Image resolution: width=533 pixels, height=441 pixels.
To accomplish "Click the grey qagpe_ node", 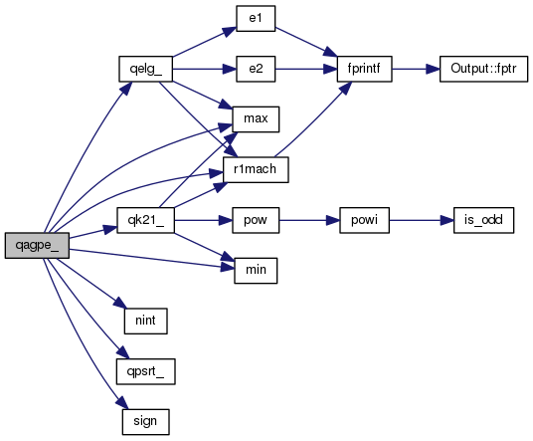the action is [x=37, y=245].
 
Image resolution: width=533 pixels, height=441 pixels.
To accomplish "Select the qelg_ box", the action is [x=145, y=69].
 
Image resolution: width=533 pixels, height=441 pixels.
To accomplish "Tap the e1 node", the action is [x=256, y=18].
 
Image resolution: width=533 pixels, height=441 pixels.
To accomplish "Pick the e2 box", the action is [x=256, y=69].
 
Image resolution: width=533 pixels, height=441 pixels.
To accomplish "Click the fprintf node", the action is [x=364, y=69].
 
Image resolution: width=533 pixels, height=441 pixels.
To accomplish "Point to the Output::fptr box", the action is [x=483, y=69].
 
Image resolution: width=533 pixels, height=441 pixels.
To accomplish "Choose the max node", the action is [x=256, y=119].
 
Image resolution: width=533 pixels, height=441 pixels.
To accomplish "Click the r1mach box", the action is [x=256, y=170].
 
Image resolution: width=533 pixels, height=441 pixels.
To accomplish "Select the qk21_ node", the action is [x=145, y=220].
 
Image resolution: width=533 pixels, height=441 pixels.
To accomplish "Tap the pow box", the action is [x=256, y=220].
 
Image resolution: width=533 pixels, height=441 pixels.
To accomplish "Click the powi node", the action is [x=364, y=220].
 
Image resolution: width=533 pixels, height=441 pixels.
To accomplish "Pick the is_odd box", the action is [x=483, y=220].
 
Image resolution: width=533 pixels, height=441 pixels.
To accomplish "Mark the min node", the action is [x=256, y=271].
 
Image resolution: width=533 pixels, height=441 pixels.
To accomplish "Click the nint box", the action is [x=145, y=321].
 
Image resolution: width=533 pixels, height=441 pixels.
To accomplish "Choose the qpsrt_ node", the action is [x=145, y=371].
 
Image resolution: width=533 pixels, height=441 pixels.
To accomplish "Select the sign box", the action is [x=145, y=422].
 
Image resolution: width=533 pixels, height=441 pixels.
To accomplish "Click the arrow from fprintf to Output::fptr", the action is [x=416, y=69].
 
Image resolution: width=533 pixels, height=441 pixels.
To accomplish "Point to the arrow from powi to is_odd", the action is [x=422, y=220].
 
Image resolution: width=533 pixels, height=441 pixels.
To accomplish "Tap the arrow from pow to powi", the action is [x=309, y=220].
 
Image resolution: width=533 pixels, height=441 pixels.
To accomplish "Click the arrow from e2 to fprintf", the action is [x=306, y=69].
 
